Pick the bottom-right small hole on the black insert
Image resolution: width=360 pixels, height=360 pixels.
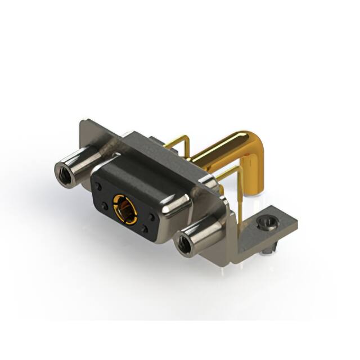pos(145,229)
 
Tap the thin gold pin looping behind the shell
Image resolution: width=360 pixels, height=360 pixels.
pos(179,142)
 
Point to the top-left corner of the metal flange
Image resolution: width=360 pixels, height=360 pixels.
pos(82,121)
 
